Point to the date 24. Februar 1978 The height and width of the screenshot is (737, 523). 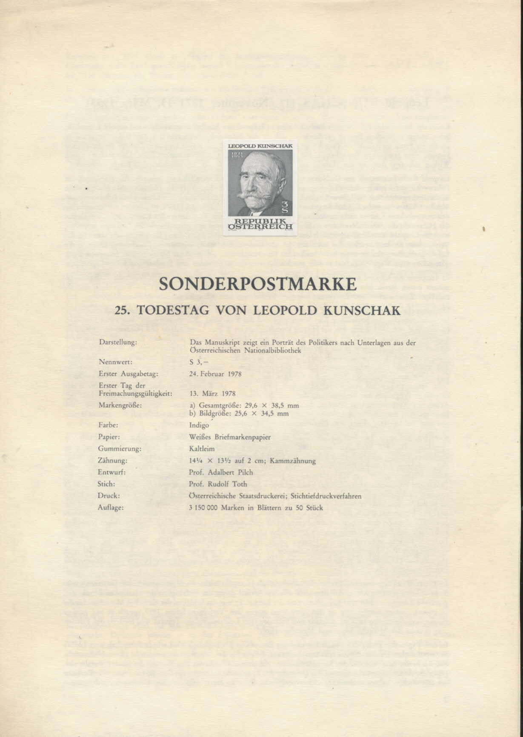point(215,374)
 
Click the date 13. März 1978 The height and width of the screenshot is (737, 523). point(212,394)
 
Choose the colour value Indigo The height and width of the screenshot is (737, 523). point(199,425)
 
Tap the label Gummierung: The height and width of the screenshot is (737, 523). point(120,448)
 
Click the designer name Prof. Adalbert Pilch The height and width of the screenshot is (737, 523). point(221,472)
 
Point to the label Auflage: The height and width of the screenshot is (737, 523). point(111,508)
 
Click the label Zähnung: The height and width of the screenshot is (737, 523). point(113,460)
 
